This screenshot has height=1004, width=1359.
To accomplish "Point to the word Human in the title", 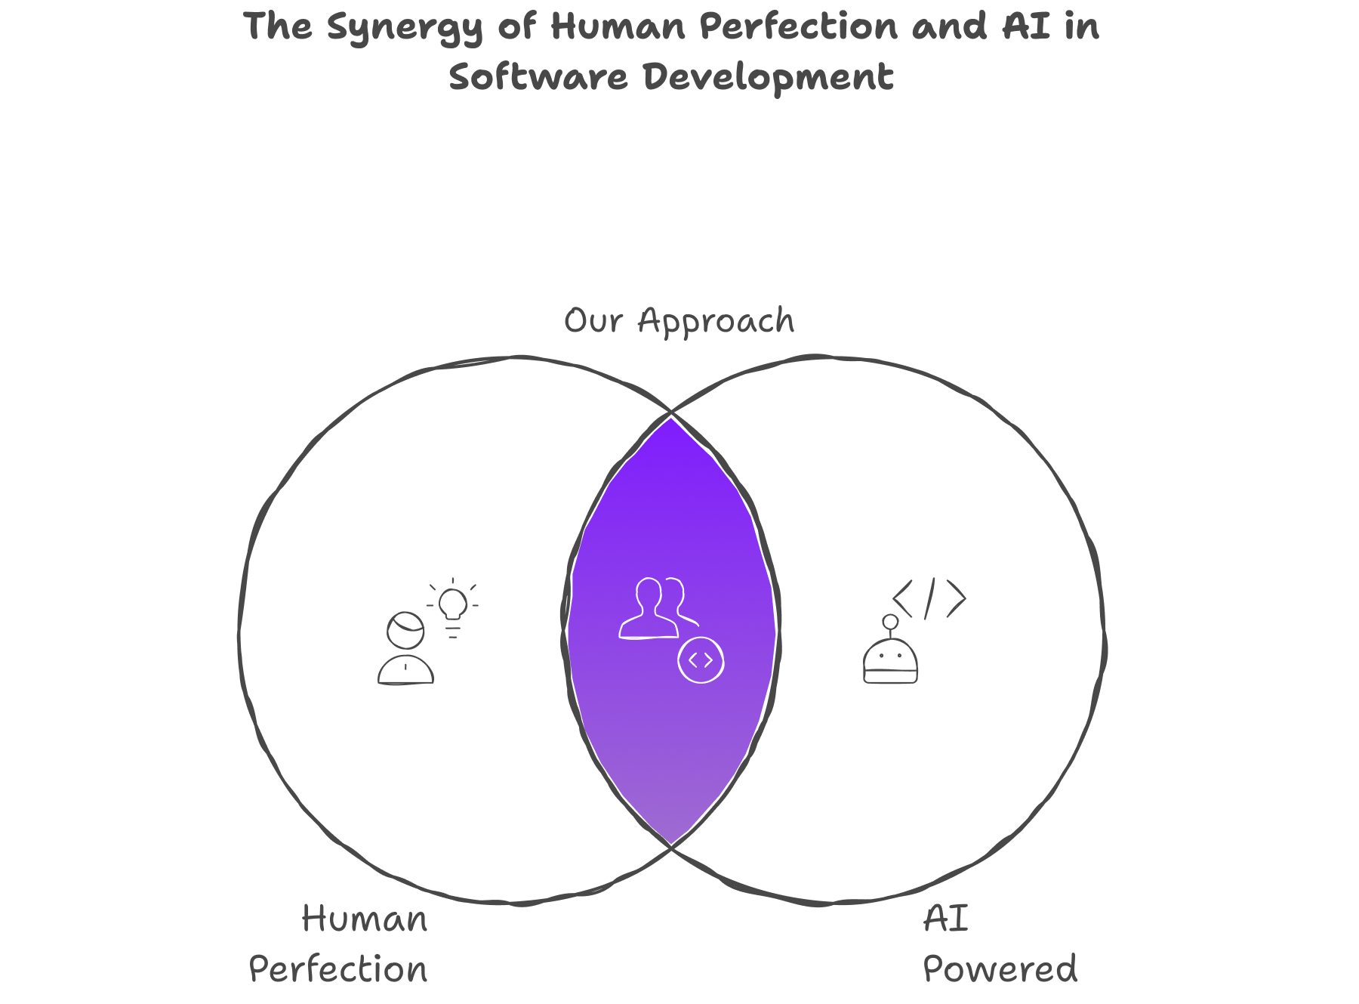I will click(x=618, y=26).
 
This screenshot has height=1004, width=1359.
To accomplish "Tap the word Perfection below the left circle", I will click(x=337, y=969).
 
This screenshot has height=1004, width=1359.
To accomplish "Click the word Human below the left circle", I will click(x=365, y=919).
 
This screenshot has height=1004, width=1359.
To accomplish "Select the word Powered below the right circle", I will click(x=1000, y=969).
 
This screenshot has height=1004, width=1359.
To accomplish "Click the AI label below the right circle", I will click(x=945, y=919).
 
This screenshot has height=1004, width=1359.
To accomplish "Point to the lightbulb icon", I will click(x=453, y=607).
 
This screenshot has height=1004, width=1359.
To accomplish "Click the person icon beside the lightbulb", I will click(x=406, y=648).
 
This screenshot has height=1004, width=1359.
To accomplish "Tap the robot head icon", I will click(x=891, y=660).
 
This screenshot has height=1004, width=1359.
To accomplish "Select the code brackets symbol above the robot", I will click(x=929, y=598).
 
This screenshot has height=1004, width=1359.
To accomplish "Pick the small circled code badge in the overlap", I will click(x=701, y=660).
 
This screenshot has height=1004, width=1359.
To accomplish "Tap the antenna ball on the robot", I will click(x=891, y=622).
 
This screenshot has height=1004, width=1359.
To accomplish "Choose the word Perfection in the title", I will click(x=798, y=26).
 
